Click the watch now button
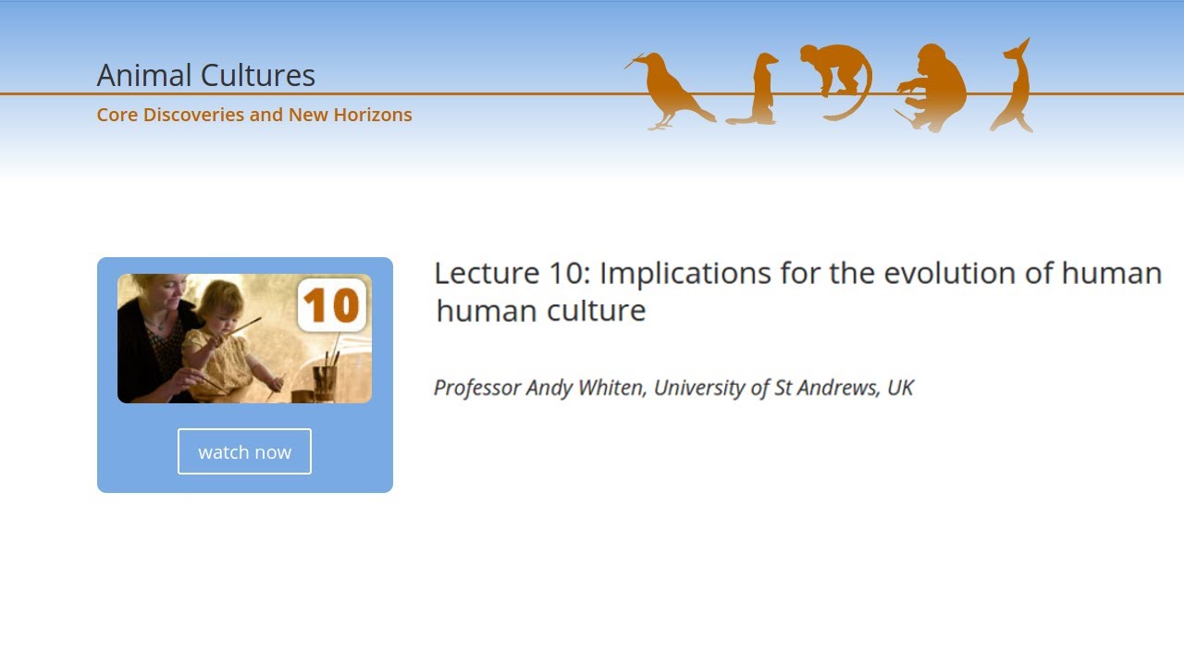coord(244,451)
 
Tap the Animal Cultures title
coord(205,75)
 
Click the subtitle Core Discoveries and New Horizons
coord(254,115)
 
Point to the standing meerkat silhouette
coord(760,90)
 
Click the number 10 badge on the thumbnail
coord(331,305)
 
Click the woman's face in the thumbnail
coord(159,294)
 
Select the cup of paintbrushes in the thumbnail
coord(324,379)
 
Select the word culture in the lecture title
coord(594,310)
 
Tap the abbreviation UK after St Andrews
coord(900,388)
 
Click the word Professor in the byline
coord(477,388)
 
